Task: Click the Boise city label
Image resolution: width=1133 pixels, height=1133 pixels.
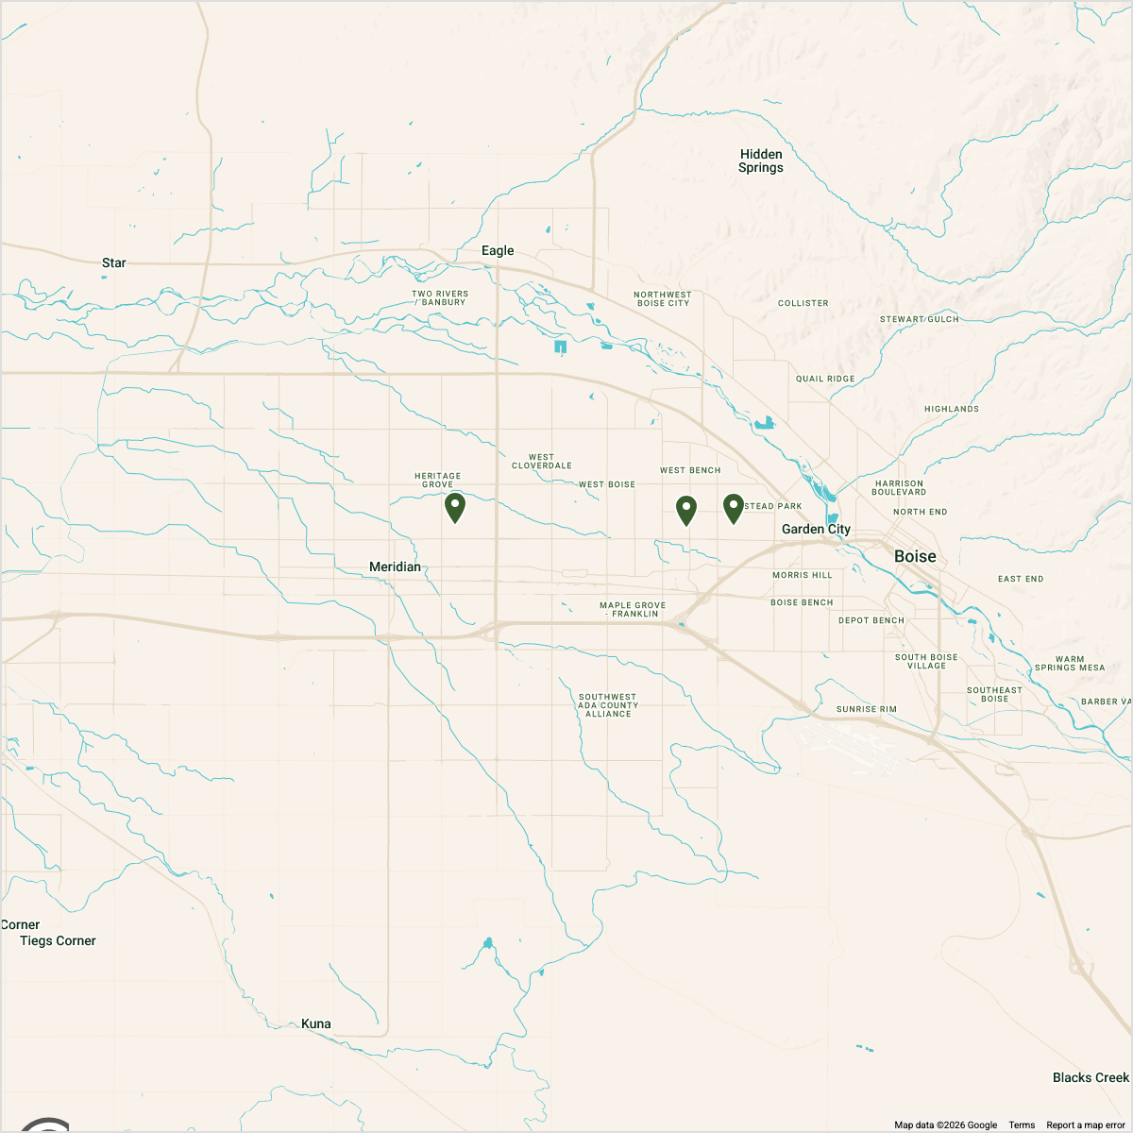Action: (915, 556)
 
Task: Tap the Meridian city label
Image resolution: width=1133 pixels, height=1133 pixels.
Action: (395, 566)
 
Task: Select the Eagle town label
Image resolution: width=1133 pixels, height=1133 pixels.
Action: (498, 250)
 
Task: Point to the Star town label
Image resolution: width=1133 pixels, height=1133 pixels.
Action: (113, 262)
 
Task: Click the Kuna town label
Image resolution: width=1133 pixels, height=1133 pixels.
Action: (315, 1023)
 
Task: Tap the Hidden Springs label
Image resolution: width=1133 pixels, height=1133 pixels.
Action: (761, 161)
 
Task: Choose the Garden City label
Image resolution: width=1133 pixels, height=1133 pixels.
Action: (816, 529)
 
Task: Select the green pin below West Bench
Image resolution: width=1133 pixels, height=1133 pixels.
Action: (686, 510)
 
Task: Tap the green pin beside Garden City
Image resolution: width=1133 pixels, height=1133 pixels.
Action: (734, 508)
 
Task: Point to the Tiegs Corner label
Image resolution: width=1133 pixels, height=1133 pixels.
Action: (58, 940)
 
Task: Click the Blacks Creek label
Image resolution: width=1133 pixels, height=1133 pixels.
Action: (1091, 1077)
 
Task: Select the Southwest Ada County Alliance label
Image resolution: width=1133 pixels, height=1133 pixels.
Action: (608, 705)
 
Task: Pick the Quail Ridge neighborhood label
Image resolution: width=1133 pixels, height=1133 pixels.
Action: (825, 379)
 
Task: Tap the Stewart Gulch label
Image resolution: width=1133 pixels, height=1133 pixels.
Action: (919, 319)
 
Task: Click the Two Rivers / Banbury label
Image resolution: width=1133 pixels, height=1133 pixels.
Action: (440, 297)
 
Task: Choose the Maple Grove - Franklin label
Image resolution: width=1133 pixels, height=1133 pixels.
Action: (633, 609)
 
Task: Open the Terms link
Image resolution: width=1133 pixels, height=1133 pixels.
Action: (1022, 1125)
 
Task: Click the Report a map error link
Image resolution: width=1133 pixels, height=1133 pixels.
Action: (1085, 1125)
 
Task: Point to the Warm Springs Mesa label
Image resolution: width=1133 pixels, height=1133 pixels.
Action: (1069, 663)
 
